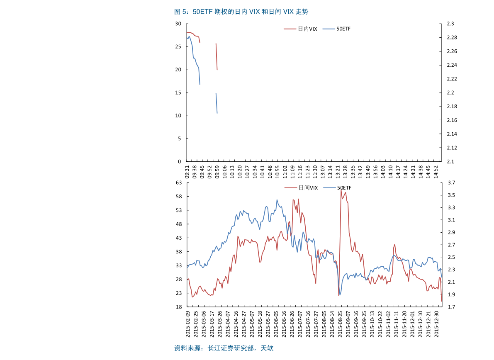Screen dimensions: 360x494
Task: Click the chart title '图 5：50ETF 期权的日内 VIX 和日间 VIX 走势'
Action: coord(241,12)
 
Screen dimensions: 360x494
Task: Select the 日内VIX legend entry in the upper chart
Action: coord(307,29)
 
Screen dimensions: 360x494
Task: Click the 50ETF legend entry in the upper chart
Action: coord(343,29)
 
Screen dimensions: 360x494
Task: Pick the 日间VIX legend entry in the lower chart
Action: coord(308,188)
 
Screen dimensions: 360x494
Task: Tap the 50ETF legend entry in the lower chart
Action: coord(344,188)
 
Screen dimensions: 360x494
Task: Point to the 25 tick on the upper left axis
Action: coord(179,47)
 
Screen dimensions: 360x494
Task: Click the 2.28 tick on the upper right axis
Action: coord(452,38)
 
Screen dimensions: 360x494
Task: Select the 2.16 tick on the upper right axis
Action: coord(452,120)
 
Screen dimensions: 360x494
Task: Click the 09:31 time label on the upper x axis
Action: coord(187,172)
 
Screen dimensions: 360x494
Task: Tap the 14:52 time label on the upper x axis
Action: coord(436,172)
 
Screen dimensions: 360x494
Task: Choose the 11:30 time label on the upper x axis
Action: coord(315,172)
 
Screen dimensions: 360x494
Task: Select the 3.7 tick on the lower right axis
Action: coord(451,182)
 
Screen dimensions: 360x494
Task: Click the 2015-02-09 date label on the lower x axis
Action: coord(187,325)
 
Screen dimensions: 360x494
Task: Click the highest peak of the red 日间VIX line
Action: coord(341,190)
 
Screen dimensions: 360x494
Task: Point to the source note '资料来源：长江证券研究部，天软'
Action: coord(224,348)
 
